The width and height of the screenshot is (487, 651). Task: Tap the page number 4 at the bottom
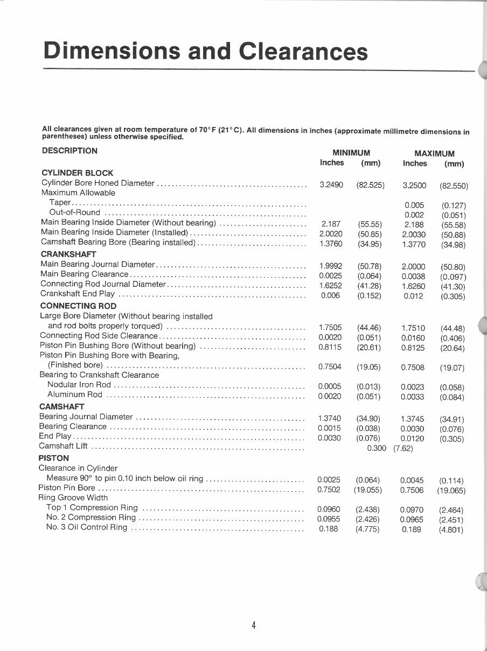(x=253, y=625)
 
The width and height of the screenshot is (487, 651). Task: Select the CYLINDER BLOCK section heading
(x=77, y=173)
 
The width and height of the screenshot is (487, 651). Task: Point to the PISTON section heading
(x=54, y=458)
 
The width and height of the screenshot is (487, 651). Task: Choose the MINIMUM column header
(x=351, y=153)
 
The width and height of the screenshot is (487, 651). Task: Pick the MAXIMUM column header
(x=434, y=153)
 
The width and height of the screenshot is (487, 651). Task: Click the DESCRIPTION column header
(x=69, y=151)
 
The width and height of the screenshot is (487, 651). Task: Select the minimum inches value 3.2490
(x=331, y=185)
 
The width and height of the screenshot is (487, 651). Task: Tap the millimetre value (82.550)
(x=454, y=186)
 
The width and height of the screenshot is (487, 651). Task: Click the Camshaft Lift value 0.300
(x=376, y=448)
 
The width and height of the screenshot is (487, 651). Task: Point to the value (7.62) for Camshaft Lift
(x=402, y=448)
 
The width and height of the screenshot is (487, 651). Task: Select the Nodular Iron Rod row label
(x=79, y=385)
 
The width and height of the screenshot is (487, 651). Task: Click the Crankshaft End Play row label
(x=78, y=294)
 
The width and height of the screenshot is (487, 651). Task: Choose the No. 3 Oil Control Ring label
(x=87, y=527)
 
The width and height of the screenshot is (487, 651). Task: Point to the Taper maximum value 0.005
(x=414, y=205)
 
